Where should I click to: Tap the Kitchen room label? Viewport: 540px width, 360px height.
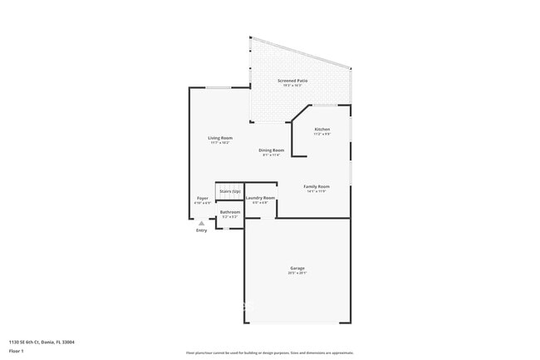click(x=322, y=130)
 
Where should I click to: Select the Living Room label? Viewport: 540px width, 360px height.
click(x=220, y=138)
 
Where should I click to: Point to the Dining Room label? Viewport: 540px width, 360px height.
click(x=272, y=150)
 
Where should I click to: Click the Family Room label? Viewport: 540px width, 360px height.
click(x=317, y=186)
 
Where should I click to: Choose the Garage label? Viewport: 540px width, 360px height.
click(x=297, y=268)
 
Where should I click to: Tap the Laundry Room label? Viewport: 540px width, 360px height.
click(x=260, y=198)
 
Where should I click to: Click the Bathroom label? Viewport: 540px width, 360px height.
click(x=230, y=212)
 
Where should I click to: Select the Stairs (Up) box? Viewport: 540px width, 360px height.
click(x=230, y=191)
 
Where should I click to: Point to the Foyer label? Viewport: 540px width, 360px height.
click(x=202, y=198)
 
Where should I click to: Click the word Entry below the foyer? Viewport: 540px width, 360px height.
click(x=201, y=230)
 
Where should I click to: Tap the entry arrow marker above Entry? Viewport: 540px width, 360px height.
click(x=201, y=223)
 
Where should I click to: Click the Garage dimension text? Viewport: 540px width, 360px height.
click(x=297, y=273)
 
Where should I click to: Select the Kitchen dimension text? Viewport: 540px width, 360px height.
click(x=322, y=135)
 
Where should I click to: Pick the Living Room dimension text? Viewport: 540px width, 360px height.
click(x=220, y=143)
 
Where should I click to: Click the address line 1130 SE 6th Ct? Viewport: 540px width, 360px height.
click(x=42, y=342)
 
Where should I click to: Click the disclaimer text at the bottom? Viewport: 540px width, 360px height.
click(x=269, y=352)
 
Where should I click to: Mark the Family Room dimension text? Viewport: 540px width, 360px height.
click(x=317, y=191)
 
